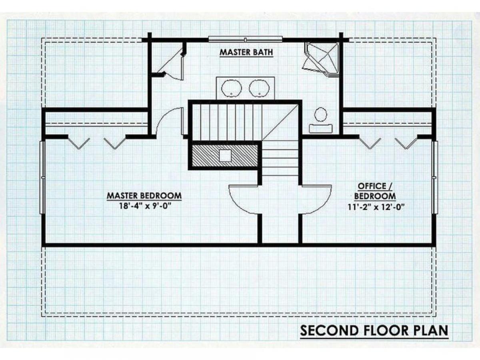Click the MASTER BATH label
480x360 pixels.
(246, 52)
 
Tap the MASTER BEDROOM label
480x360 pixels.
(144, 196)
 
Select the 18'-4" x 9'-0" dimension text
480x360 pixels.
(145, 206)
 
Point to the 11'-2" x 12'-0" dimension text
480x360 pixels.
(375, 207)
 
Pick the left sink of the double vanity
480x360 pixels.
(232, 88)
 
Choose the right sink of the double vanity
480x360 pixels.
(259, 88)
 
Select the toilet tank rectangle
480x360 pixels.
(320, 128)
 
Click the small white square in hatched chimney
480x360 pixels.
(225, 156)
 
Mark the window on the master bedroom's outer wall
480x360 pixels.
(42, 178)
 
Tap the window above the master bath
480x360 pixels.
(245, 39)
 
